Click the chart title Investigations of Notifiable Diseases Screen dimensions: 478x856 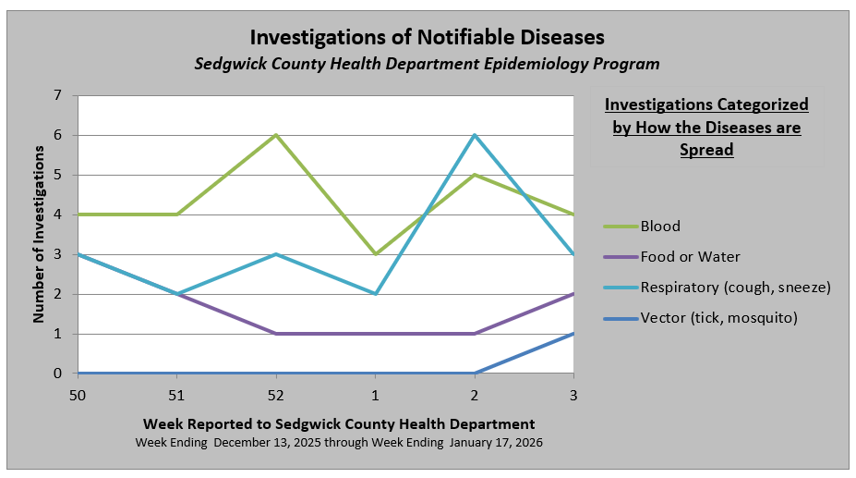click(x=428, y=38)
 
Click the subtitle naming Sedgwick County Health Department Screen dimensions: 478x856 click(x=428, y=64)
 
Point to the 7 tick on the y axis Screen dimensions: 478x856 click(x=58, y=95)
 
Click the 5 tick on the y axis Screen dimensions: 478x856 click(x=58, y=175)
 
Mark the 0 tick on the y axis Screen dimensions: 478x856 click(x=58, y=374)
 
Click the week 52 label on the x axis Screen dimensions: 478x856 click(x=276, y=396)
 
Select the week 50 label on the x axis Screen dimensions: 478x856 click(x=78, y=396)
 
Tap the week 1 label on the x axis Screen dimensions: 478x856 click(x=375, y=396)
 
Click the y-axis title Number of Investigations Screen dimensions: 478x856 click(x=39, y=235)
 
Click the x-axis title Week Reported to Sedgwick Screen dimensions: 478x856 click(x=339, y=423)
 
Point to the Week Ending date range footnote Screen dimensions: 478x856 click(x=339, y=443)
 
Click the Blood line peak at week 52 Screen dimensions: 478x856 click(x=276, y=135)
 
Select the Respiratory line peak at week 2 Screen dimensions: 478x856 click(x=475, y=135)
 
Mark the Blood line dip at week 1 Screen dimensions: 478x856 click(x=375, y=254)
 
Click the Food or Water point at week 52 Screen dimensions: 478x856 click(x=276, y=334)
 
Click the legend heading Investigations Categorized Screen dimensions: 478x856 click(x=706, y=127)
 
